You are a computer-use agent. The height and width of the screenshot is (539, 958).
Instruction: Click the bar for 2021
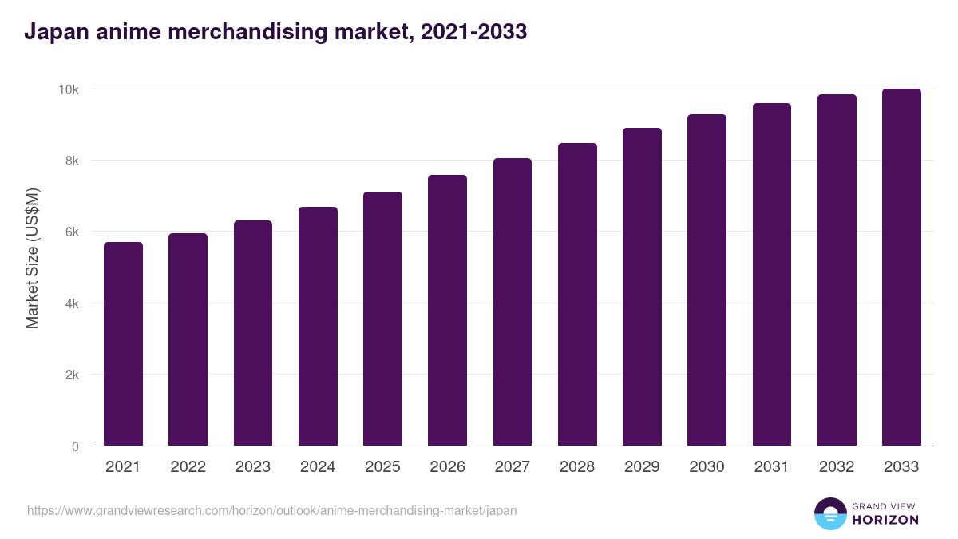[x=123, y=343]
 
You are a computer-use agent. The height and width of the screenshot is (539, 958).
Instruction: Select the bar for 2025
[x=382, y=319]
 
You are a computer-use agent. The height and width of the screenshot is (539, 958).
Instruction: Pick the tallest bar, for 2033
[x=901, y=267]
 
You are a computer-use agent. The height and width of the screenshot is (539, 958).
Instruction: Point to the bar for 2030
[x=707, y=279]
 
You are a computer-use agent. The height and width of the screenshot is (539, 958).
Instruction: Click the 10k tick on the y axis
[x=69, y=89]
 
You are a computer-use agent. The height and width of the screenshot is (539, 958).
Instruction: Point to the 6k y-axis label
[x=71, y=232]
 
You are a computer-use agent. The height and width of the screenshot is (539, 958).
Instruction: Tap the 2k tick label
[x=71, y=375]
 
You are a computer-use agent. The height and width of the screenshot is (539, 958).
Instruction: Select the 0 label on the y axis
[x=75, y=446]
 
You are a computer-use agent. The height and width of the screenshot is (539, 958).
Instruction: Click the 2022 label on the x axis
[x=188, y=467]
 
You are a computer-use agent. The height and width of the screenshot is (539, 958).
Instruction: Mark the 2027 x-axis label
[x=512, y=467]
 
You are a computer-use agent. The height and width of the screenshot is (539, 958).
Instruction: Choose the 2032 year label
[x=837, y=467]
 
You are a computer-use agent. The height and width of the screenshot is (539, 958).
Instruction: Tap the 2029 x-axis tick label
[x=642, y=467]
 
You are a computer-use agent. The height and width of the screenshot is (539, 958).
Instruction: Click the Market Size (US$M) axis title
[x=32, y=258]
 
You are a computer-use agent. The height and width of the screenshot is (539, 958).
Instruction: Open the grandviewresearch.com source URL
[x=272, y=510]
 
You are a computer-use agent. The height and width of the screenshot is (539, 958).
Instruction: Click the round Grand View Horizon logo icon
[x=830, y=513]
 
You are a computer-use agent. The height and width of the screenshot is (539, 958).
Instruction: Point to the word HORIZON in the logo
[x=885, y=520]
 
